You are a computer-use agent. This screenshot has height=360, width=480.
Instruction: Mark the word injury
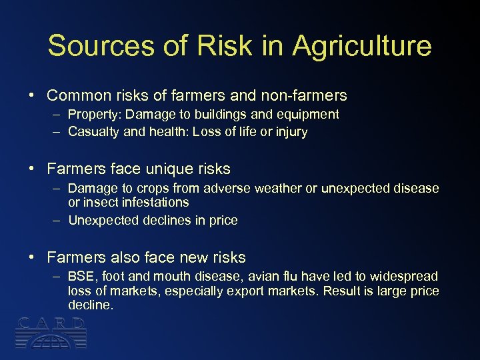tap(292, 132)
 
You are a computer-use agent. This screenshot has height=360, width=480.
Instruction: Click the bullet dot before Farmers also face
tap(32, 257)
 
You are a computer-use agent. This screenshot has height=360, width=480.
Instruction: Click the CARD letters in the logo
tap(51, 324)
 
